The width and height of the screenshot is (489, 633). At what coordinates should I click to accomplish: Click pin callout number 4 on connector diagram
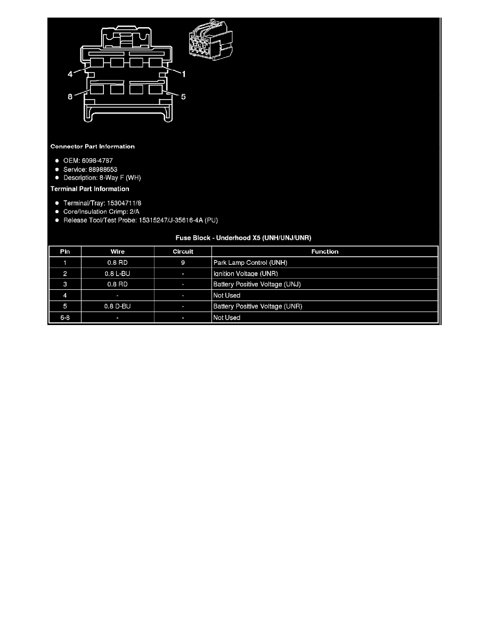coord(70,74)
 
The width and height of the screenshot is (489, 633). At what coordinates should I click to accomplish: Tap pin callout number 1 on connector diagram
coord(184,74)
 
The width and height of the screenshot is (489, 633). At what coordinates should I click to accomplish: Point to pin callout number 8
coord(70,96)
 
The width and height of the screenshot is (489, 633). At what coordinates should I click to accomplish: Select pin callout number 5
coord(183,96)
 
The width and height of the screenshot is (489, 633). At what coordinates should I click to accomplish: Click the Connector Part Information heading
coord(92,147)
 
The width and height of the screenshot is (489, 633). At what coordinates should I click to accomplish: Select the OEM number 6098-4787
coord(97,161)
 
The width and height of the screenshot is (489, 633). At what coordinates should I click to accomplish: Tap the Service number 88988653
coord(103,169)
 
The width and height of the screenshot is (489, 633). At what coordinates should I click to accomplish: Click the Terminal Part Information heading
coord(89,189)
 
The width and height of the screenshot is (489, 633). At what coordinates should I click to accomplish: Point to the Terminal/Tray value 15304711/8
coord(124,203)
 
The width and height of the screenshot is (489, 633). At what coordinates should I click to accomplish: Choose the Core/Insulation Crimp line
coord(101,212)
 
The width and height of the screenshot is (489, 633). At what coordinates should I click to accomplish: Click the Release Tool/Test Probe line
coord(141,221)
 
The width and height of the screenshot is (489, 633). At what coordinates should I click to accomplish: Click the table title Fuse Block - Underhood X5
coord(243,238)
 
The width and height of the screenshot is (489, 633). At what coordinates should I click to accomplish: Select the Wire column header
coord(117,251)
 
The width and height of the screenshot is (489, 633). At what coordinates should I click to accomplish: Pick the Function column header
coord(325,251)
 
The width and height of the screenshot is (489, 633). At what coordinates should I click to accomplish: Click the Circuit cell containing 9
coord(183,262)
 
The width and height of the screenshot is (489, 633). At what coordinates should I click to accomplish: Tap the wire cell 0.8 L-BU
coord(117,273)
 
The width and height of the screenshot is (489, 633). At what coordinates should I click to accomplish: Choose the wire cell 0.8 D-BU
coord(117,306)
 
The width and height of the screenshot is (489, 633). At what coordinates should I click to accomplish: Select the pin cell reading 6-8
coord(65,318)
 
